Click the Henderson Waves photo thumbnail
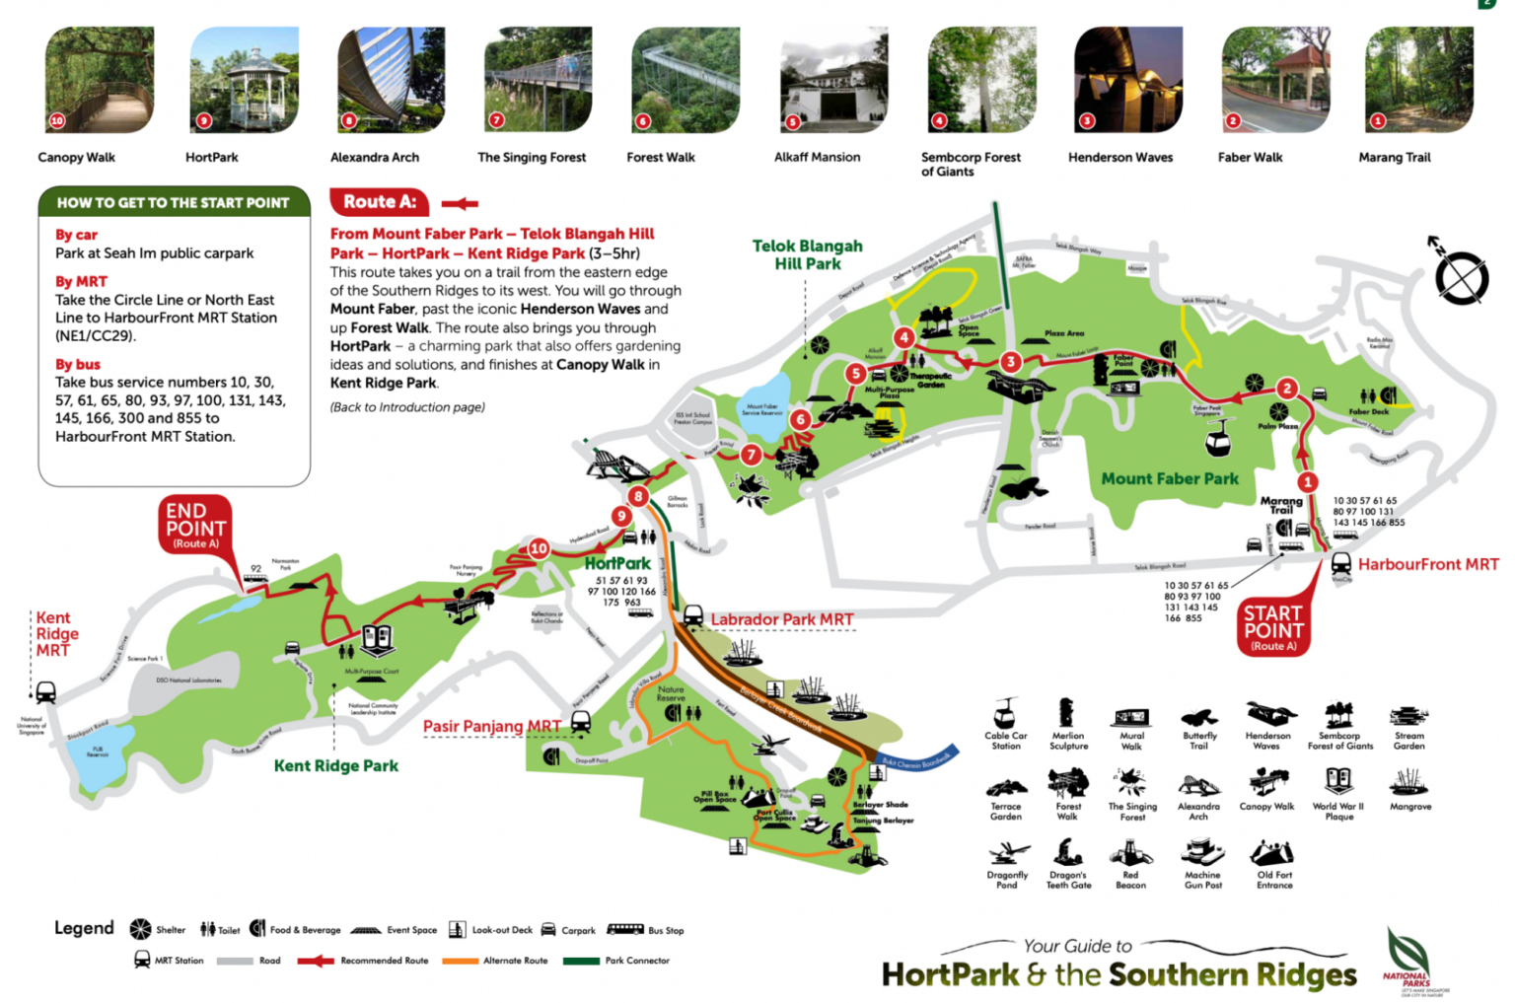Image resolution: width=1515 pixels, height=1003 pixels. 1127,80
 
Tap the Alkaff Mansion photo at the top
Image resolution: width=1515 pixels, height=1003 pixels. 833,80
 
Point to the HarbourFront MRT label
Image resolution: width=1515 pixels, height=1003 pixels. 1427,564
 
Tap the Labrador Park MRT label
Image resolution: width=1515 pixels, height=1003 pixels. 781,619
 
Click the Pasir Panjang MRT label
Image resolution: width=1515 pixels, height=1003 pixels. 491,726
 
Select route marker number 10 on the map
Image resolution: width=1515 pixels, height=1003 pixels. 539,548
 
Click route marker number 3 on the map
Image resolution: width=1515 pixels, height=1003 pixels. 1010,362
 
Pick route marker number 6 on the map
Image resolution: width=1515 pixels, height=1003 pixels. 800,419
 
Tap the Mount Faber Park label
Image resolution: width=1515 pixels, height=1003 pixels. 1169,478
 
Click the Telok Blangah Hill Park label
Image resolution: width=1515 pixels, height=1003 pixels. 807,254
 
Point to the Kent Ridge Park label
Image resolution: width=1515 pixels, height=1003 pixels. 335,765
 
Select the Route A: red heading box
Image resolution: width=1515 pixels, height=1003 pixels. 379,202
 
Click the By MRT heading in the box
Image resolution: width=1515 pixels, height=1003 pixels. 81,281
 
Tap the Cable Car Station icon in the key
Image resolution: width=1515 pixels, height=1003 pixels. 1005,712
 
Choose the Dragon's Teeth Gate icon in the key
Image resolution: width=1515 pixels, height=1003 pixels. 1067,853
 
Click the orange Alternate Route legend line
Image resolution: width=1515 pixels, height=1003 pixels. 460,960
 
